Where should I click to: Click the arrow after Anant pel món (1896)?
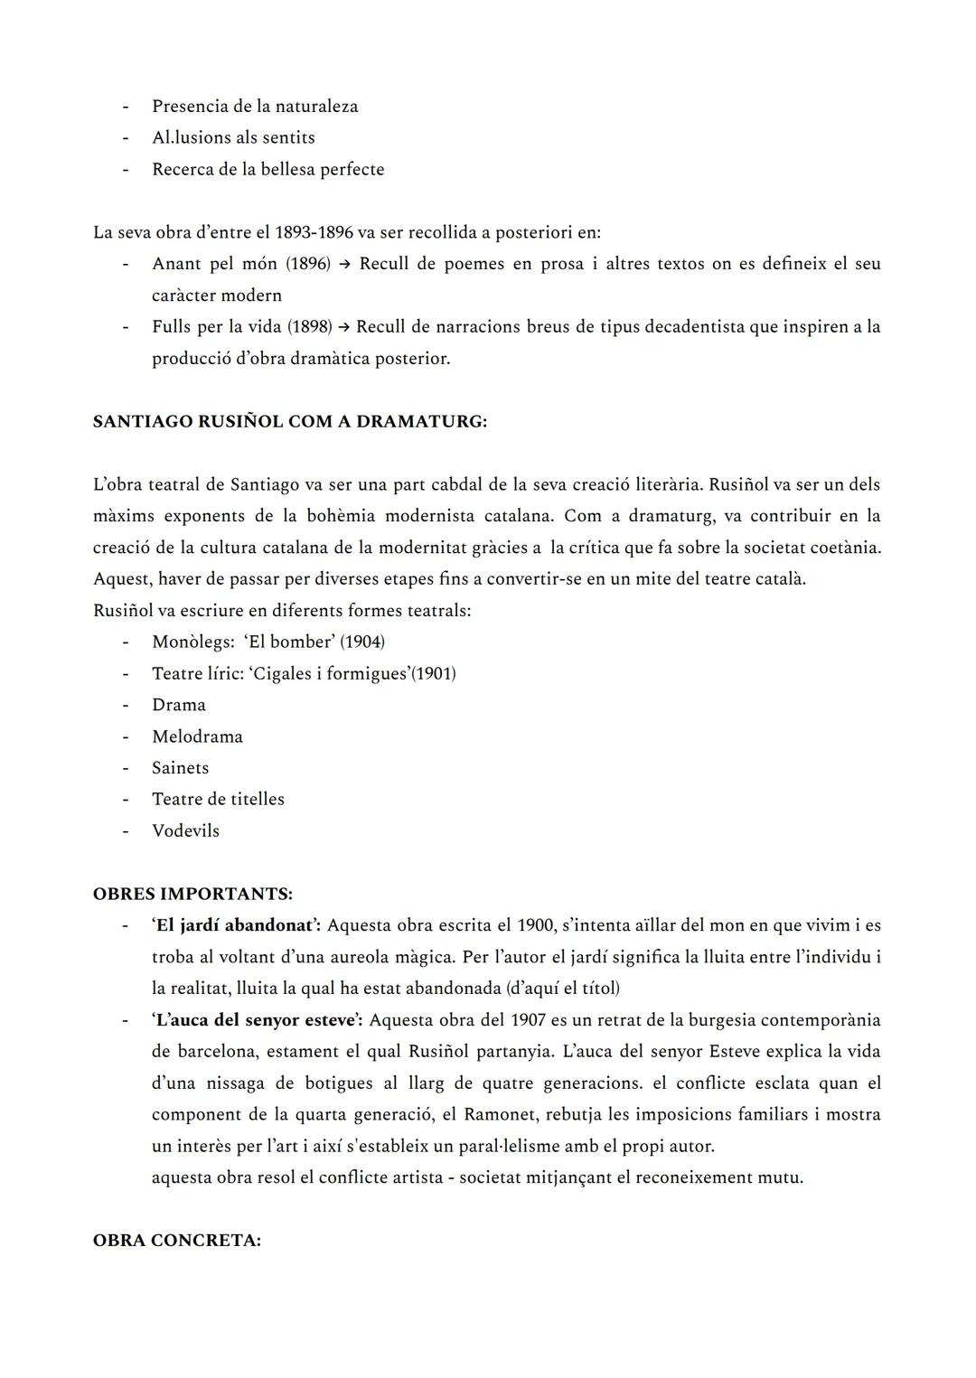click(344, 264)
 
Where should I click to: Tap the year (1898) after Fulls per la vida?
click(310, 326)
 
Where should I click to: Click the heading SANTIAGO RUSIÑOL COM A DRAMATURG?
click(289, 422)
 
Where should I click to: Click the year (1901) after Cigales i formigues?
click(434, 673)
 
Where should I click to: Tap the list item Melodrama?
click(197, 736)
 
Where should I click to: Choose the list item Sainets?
click(180, 768)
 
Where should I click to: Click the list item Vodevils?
click(185, 830)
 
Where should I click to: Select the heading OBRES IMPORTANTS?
click(192, 894)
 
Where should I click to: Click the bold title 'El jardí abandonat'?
click(237, 925)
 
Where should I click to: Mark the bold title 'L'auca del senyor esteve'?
click(257, 1020)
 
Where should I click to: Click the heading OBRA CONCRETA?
click(177, 1241)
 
